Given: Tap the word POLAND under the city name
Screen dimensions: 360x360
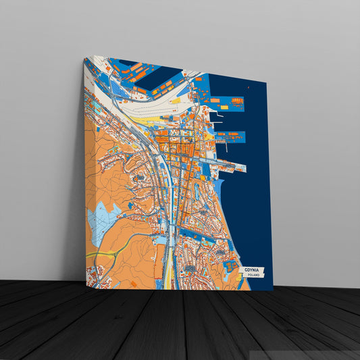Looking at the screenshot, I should click(x=253, y=276).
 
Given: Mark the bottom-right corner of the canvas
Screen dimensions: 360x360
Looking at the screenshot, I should click(x=273, y=291).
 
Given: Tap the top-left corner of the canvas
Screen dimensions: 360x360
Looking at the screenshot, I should click(x=84, y=58).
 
